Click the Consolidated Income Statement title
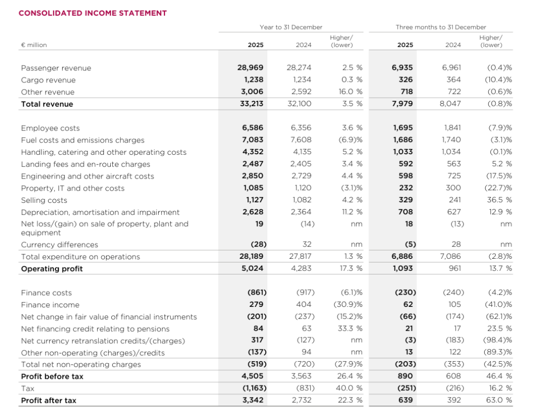coord(93,13)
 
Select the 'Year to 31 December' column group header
coord(291,27)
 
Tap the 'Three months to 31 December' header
coord(441,27)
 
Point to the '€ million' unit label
coord(34,45)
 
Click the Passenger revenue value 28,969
coord(250,68)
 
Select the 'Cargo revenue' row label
coord(48,80)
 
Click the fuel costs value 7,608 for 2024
coord(301,140)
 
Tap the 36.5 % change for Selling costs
coord(499,200)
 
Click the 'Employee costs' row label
coord(51,128)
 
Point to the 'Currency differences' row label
coord(59,245)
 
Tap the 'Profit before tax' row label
coord(52,377)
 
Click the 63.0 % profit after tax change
coord(499,400)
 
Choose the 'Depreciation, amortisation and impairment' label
coord(100,212)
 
